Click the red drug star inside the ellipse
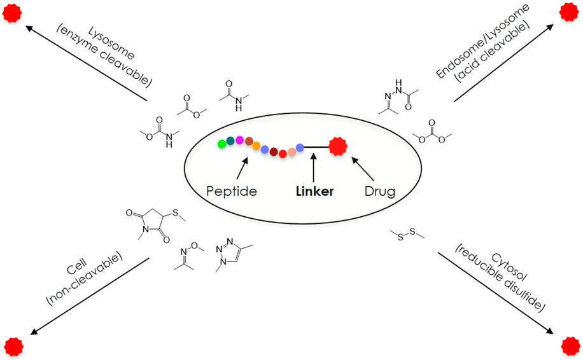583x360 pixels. click(x=337, y=148)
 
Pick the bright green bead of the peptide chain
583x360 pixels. click(x=221, y=144)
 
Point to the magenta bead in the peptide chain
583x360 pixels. click(x=239, y=140)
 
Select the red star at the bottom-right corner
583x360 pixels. click(x=570, y=346)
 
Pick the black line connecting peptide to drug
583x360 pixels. click(x=316, y=148)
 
